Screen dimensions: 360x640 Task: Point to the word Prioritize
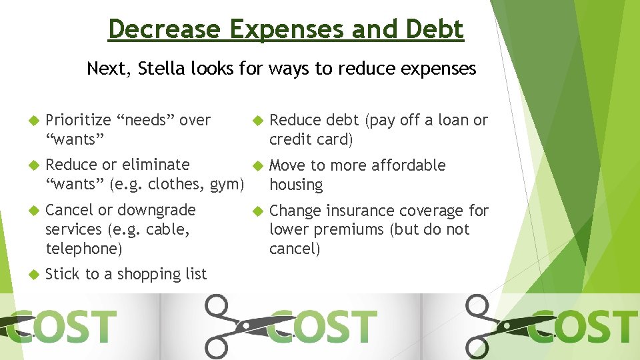pos(78,121)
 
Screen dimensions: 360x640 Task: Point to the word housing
pos(296,185)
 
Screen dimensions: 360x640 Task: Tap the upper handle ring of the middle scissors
pos(217,307)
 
